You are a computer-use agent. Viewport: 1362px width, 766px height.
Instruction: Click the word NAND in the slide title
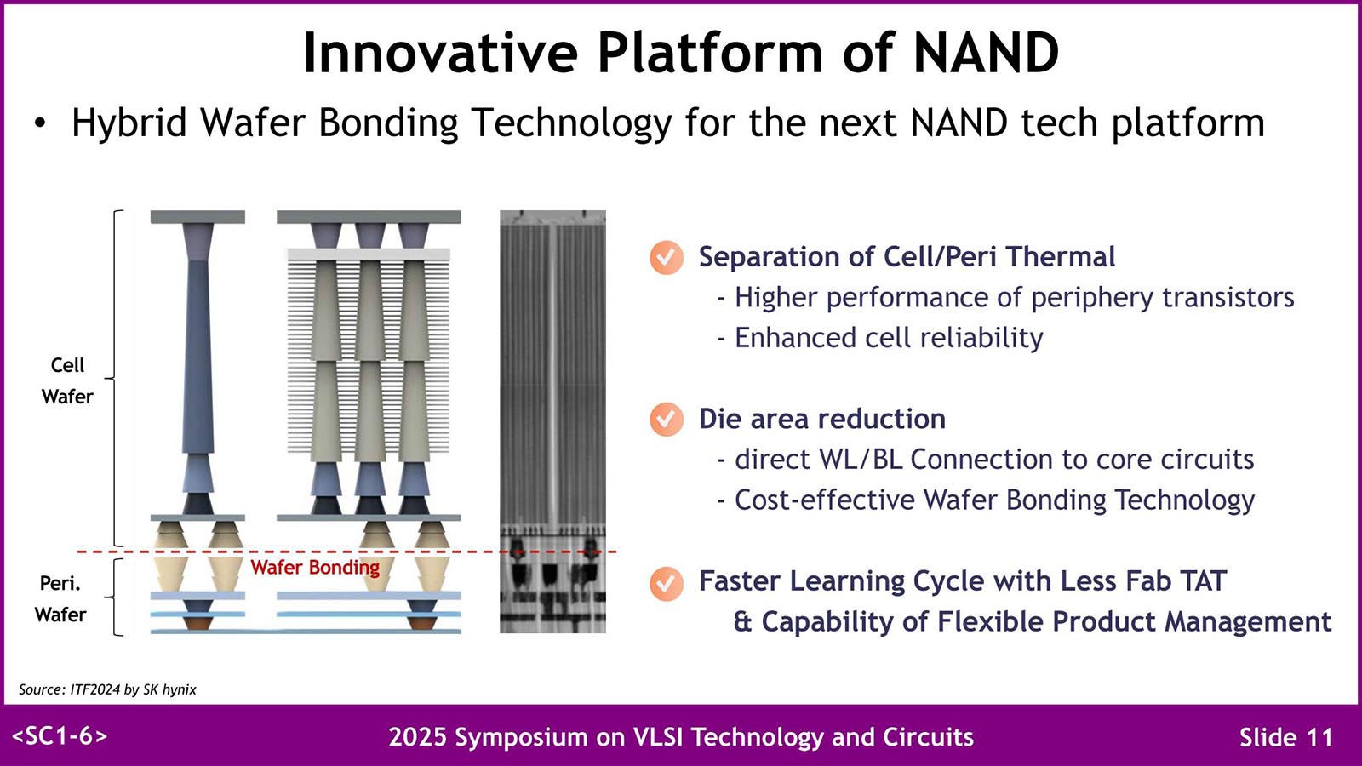click(x=987, y=52)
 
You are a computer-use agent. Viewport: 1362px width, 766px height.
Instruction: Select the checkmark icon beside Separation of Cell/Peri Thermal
click(x=666, y=258)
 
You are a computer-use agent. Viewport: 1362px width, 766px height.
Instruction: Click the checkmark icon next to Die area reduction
click(x=666, y=420)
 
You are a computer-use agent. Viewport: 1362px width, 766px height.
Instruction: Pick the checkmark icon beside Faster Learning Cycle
click(x=666, y=583)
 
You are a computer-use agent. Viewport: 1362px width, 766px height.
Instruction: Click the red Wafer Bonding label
click(x=315, y=567)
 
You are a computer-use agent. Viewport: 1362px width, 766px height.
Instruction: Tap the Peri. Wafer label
click(x=60, y=599)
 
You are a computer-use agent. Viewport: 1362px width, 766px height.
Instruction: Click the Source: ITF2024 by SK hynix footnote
click(x=107, y=689)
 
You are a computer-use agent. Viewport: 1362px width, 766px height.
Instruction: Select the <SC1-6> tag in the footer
click(x=60, y=736)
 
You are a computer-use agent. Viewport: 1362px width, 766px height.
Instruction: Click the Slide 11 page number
click(x=1286, y=737)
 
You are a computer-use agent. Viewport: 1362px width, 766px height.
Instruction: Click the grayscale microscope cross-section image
click(x=552, y=421)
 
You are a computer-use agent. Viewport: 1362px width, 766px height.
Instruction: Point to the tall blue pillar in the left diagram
click(x=198, y=357)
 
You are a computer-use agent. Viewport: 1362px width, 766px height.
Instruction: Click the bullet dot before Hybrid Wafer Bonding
click(x=40, y=123)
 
